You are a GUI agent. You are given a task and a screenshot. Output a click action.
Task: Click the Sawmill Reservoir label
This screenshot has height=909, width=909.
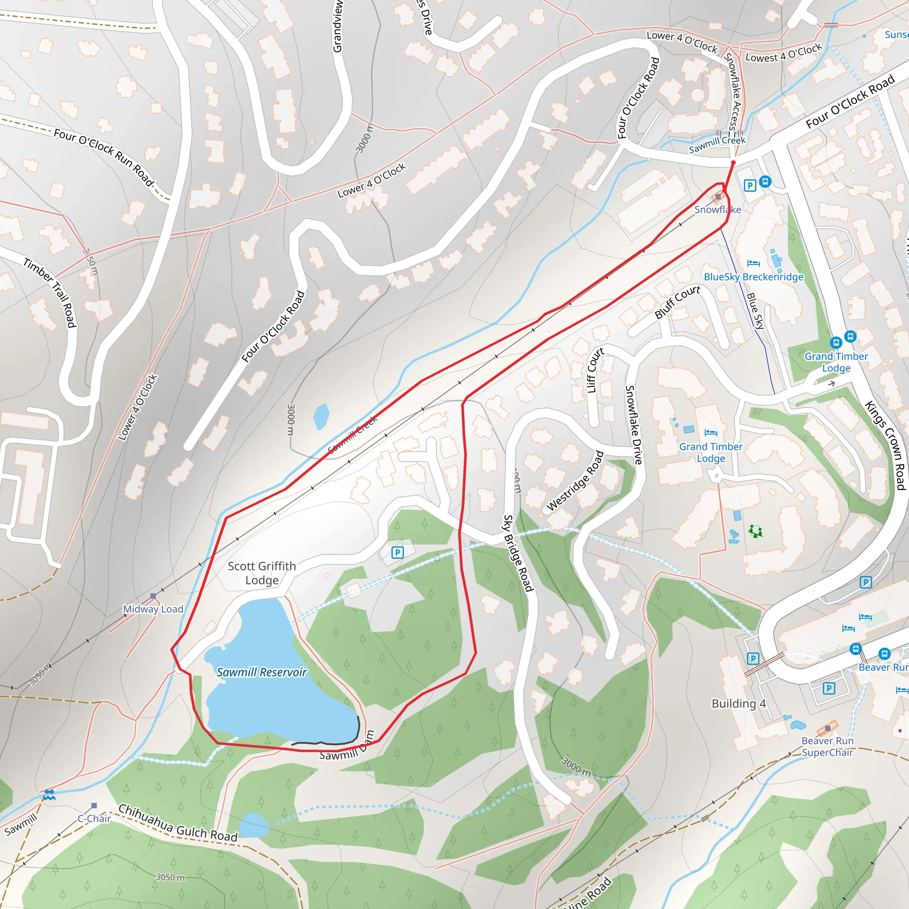[261, 672]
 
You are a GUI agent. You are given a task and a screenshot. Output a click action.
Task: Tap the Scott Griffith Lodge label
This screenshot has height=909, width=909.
[261, 573]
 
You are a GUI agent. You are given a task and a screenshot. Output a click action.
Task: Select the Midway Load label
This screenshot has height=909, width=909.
[153, 609]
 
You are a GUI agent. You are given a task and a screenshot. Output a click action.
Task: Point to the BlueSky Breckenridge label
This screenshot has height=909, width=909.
[753, 277]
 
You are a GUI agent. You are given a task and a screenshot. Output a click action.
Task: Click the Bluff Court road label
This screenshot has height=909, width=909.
[677, 302]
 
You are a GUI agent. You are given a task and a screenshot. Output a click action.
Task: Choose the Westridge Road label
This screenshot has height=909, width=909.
[575, 481]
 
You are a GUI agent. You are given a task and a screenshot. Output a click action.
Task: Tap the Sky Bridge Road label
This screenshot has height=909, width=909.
[518, 553]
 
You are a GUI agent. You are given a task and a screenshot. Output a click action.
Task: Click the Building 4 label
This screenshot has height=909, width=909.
[739, 703]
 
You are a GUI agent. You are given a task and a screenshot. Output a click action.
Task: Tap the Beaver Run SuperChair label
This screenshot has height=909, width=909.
[827, 747]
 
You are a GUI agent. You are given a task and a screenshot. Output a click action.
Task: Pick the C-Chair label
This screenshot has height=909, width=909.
[94, 818]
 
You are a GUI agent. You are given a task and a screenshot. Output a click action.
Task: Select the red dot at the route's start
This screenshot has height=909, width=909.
[733, 163]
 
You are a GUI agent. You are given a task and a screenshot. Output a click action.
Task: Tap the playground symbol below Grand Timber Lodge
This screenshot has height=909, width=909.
[755, 531]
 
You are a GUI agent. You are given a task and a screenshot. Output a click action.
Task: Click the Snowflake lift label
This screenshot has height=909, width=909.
[718, 209]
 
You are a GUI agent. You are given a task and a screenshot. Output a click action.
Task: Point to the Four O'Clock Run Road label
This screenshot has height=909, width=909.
[104, 157]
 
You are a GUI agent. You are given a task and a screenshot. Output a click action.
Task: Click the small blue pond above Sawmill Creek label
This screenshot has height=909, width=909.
[321, 416]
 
